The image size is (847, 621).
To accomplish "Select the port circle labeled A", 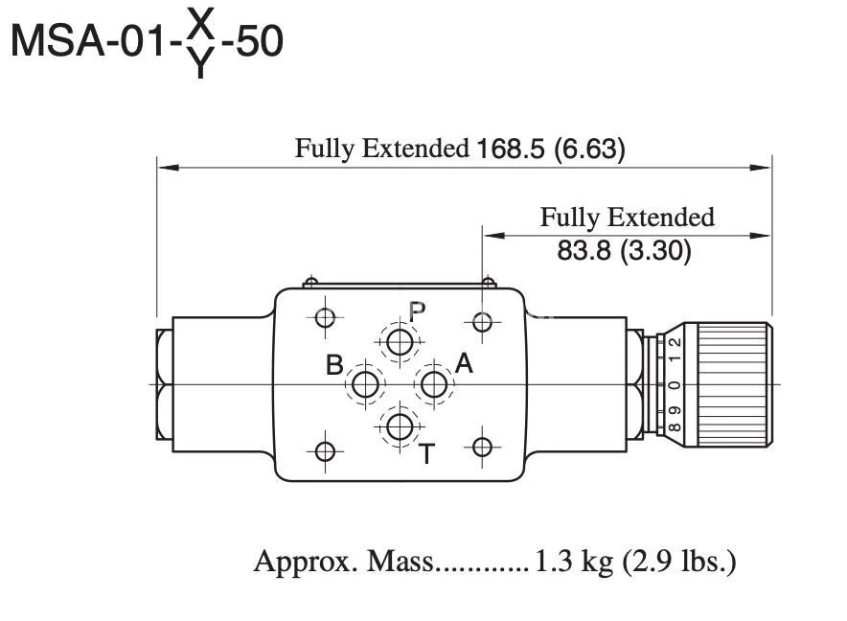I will click(434, 384).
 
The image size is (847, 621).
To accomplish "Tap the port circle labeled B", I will click(365, 384).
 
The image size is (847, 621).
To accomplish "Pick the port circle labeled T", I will click(400, 426).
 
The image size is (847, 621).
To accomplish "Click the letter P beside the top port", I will click(417, 311).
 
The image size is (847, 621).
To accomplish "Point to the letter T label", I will click(427, 454).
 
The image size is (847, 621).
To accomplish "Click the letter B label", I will click(334, 365).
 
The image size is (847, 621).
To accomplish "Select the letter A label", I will click(464, 363).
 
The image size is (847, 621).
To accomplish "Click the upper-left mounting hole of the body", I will click(326, 318).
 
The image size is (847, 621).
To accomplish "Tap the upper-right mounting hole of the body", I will click(483, 319).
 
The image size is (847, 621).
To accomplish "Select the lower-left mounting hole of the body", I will click(326, 450).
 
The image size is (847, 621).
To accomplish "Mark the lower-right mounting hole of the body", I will click(483, 448).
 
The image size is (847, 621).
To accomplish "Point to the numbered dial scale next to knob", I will click(675, 383).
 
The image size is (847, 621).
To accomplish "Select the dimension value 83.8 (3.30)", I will click(624, 252).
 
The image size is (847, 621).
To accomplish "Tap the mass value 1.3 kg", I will click(574, 562).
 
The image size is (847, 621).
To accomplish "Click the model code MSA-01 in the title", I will click(91, 43).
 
